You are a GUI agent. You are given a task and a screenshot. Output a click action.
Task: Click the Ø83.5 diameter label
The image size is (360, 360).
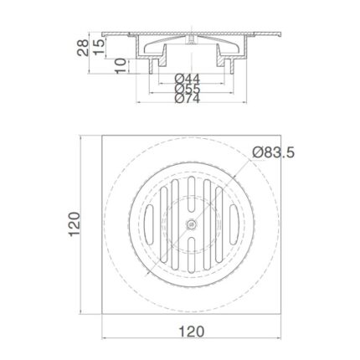point(275,152)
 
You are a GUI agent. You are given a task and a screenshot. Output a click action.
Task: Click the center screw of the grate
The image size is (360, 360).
point(192,224)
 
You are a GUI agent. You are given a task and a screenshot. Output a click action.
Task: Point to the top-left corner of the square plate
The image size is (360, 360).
point(104,133)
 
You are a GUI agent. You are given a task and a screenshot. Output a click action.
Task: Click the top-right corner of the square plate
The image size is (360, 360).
point(281,133)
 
